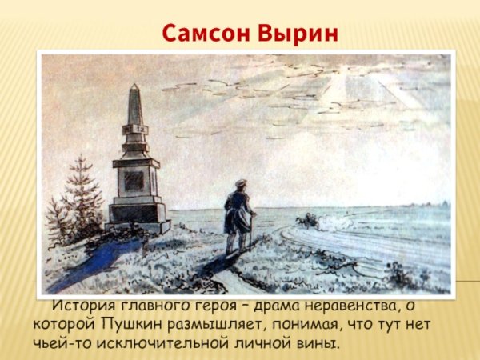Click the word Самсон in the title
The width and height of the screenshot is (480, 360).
(x=206, y=34)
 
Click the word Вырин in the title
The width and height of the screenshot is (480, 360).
(x=295, y=34)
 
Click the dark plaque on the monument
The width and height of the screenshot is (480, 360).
(x=134, y=180)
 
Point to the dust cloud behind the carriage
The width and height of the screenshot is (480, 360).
(x=336, y=224)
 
